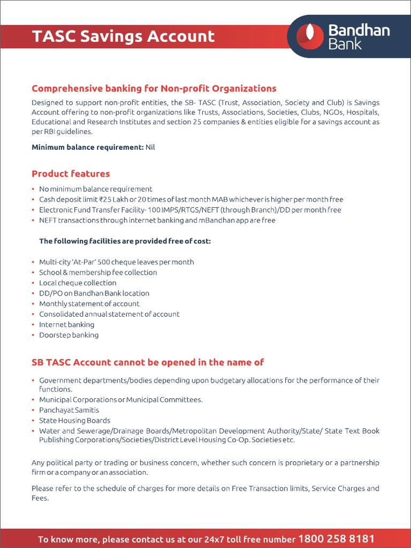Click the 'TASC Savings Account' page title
pyautogui.click(x=123, y=36)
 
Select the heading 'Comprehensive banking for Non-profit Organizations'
pyautogui.click(x=154, y=88)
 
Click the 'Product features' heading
pyautogui.click(x=71, y=173)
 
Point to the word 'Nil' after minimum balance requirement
pyautogui.click(x=150, y=147)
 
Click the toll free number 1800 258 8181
pyautogui.click(x=336, y=539)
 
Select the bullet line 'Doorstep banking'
pyautogui.click(x=68, y=335)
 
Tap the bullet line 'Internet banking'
pyautogui.click(x=66, y=324)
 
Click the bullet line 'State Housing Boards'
pyautogui.click(x=74, y=421)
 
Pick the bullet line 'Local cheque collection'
pyautogui.click(x=78, y=283)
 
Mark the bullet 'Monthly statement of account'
pyautogui.click(x=89, y=303)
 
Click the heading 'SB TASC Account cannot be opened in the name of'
pyautogui.click(x=148, y=362)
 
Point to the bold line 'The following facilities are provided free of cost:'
pyautogui.click(x=125, y=241)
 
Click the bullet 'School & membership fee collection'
pyautogui.click(x=98, y=272)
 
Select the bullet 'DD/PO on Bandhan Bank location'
pyautogui.click(x=94, y=293)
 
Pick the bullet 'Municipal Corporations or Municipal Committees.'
pyautogui.click(x=121, y=400)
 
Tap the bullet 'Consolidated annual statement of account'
pyautogui.click(x=109, y=314)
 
